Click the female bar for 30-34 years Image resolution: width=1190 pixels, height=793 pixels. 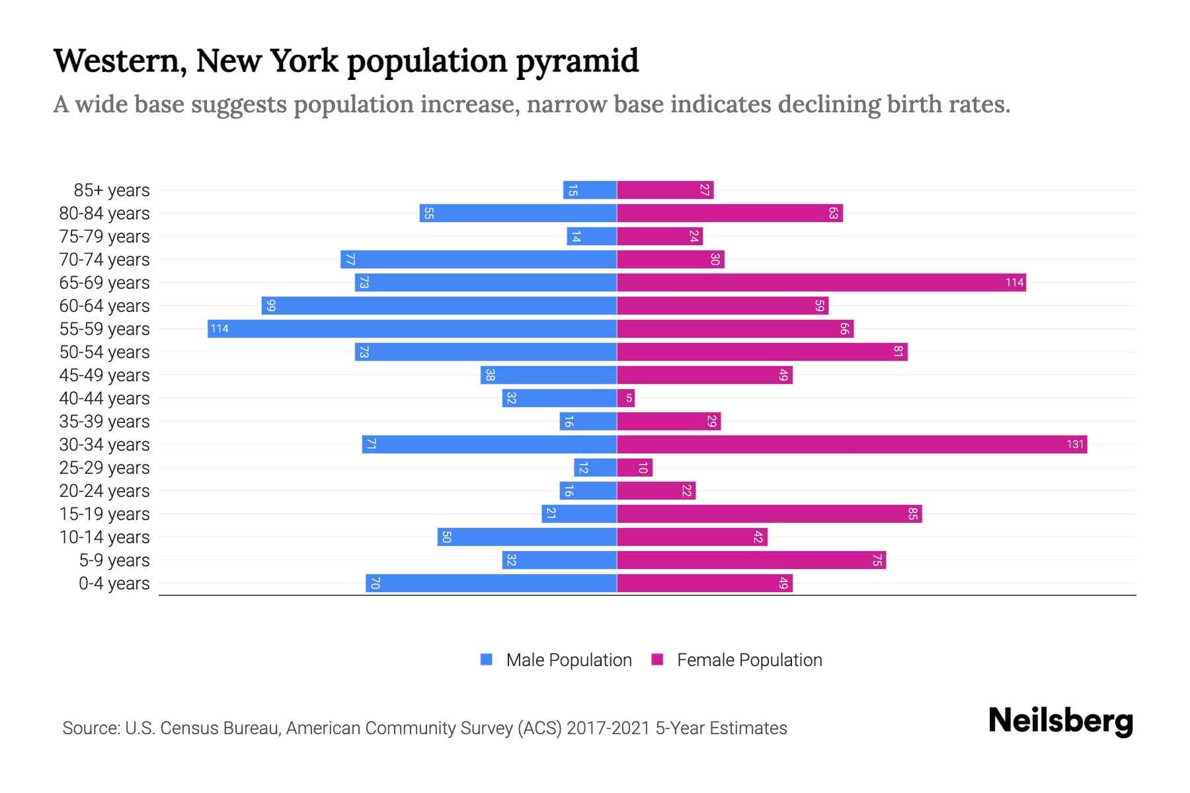coord(852,445)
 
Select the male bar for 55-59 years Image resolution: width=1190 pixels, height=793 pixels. coord(412,329)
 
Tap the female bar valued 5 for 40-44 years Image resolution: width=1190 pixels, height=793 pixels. coord(625,398)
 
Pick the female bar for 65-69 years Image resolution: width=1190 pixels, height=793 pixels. coord(821,283)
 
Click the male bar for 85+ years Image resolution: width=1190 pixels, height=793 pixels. coord(590,190)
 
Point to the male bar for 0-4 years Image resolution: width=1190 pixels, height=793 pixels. coord(491,584)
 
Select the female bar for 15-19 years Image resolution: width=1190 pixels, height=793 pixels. coord(769,514)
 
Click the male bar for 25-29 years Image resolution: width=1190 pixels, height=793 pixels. coord(595,468)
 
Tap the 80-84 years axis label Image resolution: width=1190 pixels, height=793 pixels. coord(104,213)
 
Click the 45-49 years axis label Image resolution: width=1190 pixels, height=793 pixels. coord(104,375)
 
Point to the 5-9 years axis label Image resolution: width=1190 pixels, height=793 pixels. coord(114,560)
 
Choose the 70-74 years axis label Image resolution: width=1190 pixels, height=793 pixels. coord(104,260)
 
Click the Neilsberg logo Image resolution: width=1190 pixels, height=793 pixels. coord(1060,721)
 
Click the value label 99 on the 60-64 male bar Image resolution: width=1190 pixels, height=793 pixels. coord(270,306)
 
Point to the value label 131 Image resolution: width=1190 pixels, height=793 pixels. coord(1075,445)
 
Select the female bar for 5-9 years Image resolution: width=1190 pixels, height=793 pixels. coord(751,560)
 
